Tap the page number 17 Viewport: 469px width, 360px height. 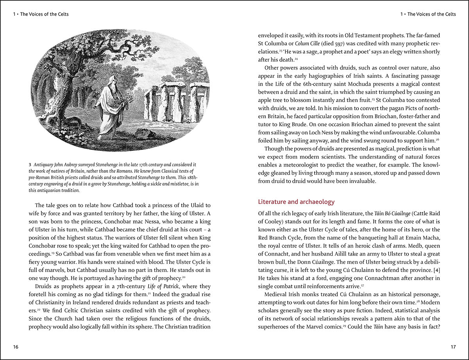[x=453, y=347]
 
